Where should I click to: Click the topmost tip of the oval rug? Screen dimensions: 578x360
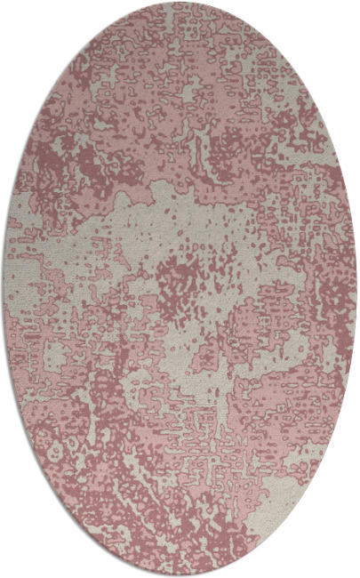[x=180, y=3]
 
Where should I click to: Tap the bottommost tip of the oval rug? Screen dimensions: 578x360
[x=180, y=575]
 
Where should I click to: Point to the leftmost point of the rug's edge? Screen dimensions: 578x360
[x=3, y=289]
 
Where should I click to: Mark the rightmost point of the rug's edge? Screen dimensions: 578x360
[x=357, y=289]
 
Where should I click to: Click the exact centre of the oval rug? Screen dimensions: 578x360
[x=180, y=289]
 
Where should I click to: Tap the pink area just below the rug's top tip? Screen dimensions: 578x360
[x=180, y=22]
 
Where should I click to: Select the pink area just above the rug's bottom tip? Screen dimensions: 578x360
[x=180, y=556]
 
